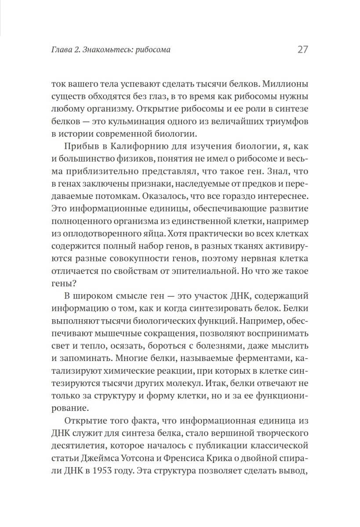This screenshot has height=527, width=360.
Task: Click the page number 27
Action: click(x=302, y=50)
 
